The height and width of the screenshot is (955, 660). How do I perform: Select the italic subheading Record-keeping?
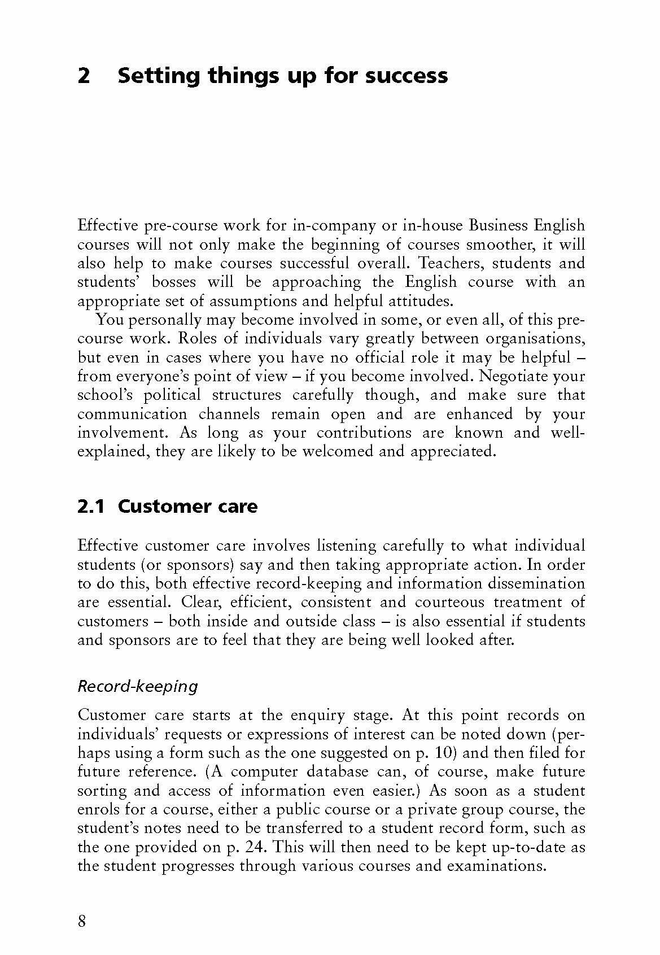point(138,687)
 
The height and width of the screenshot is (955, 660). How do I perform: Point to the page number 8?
point(82,922)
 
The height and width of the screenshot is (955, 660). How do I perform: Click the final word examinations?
point(496,866)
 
